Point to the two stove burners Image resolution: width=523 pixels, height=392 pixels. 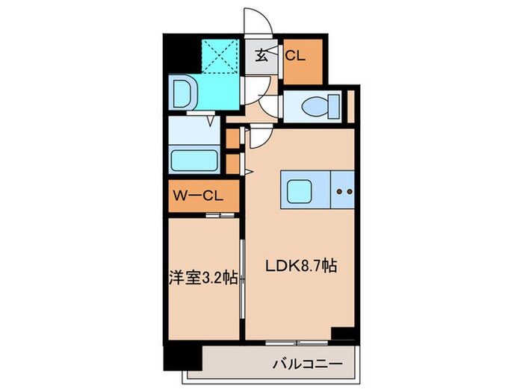[x=344, y=191]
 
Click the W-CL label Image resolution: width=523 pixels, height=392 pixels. [x=196, y=197]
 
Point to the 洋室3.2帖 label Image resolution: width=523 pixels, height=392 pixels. [x=203, y=279]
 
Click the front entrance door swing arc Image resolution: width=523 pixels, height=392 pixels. [x=258, y=20]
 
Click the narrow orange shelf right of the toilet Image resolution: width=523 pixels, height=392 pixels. [x=349, y=105]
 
